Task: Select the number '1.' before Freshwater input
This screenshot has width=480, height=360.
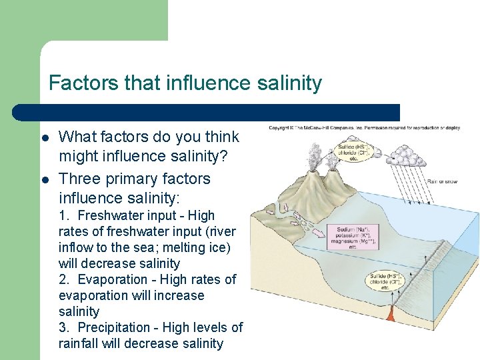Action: point(65,215)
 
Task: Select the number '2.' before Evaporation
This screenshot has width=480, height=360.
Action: point(65,279)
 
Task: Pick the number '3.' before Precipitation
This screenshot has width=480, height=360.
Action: point(65,327)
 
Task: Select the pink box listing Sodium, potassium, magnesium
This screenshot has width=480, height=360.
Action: point(352,237)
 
